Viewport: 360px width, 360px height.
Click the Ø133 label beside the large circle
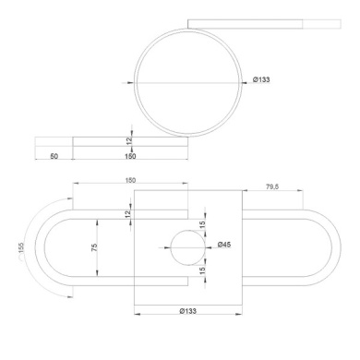(261, 79)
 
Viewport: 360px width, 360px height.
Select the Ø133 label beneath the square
(187, 311)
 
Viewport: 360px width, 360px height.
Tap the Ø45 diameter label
(224, 245)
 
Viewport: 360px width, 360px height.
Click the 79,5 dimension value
(272, 186)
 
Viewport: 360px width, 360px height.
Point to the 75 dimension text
(94, 247)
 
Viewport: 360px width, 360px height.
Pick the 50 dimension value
(54, 156)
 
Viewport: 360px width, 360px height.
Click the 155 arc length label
(21, 247)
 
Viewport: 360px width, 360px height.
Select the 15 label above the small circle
(202, 225)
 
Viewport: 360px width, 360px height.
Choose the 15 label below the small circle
(202, 270)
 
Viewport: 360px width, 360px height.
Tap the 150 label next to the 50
(130, 156)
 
